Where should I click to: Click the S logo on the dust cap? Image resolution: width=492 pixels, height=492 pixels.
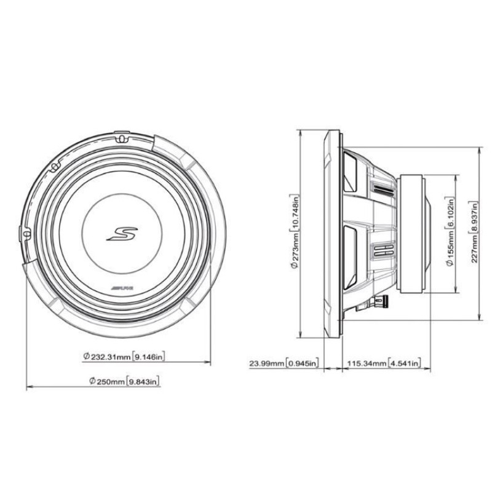coord(122,234)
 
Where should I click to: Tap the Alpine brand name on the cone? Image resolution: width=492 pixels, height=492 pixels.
coord(122,288)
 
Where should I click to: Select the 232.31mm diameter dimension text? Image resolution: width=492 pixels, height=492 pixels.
coord(106,357)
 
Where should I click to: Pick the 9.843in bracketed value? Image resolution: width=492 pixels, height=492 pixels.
coord(143,381)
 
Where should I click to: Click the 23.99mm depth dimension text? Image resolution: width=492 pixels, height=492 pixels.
coord(267,363)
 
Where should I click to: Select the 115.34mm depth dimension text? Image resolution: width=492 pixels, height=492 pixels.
coord(367,363)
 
